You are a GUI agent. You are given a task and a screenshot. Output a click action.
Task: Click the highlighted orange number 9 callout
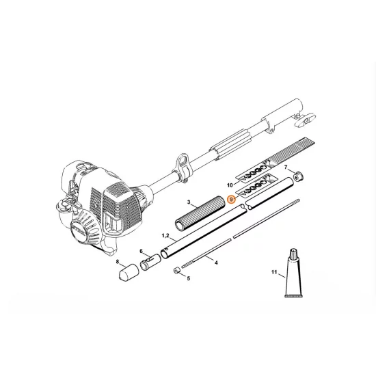tap(232, 200)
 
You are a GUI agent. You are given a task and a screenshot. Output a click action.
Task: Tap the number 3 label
tap(189, 203)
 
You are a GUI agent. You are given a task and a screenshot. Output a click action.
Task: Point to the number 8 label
tap(117, 262)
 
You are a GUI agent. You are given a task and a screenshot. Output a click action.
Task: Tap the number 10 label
tap(230, 185)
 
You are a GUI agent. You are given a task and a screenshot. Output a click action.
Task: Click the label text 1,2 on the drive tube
tap(165, 236)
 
